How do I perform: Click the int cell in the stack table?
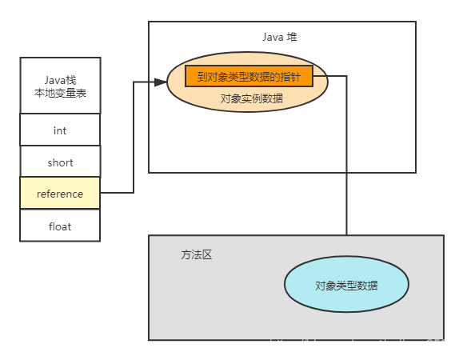pos(60,130)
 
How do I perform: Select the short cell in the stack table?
pos(60,162)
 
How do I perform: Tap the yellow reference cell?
pos(60,194)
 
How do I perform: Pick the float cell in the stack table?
pos(60,226)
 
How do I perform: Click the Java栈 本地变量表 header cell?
pos(60,86)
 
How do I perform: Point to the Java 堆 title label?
pos(281,37)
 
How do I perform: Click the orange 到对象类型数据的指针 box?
pos(249,76)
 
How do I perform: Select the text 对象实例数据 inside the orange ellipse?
pos(251,98)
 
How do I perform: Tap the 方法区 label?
pos(196,255)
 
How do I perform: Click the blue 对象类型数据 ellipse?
pos(346,285)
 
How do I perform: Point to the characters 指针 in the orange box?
pos(290,76)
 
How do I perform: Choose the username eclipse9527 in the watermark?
pos(422,344)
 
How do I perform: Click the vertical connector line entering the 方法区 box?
pos(346,200)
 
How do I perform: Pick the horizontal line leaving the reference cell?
pos(117,192)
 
